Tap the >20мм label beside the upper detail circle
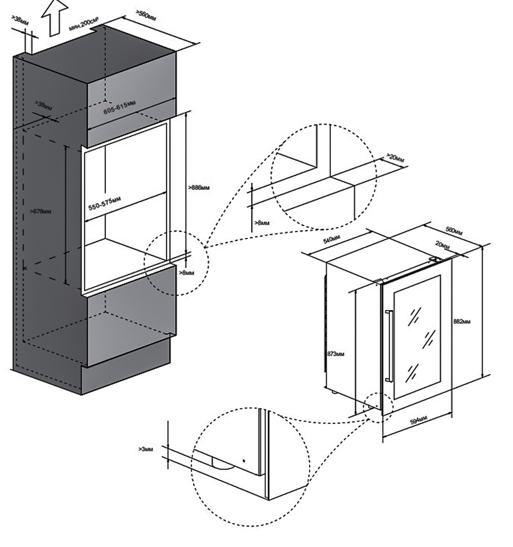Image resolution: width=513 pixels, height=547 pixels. tap(395, 158)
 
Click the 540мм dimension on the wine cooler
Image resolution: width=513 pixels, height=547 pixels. tap(332, 239)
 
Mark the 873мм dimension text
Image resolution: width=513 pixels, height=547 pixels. tap(336, 354)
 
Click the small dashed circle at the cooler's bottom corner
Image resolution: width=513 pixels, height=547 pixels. tap(377, 408)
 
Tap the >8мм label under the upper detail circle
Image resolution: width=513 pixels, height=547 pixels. tap(263, 223)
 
